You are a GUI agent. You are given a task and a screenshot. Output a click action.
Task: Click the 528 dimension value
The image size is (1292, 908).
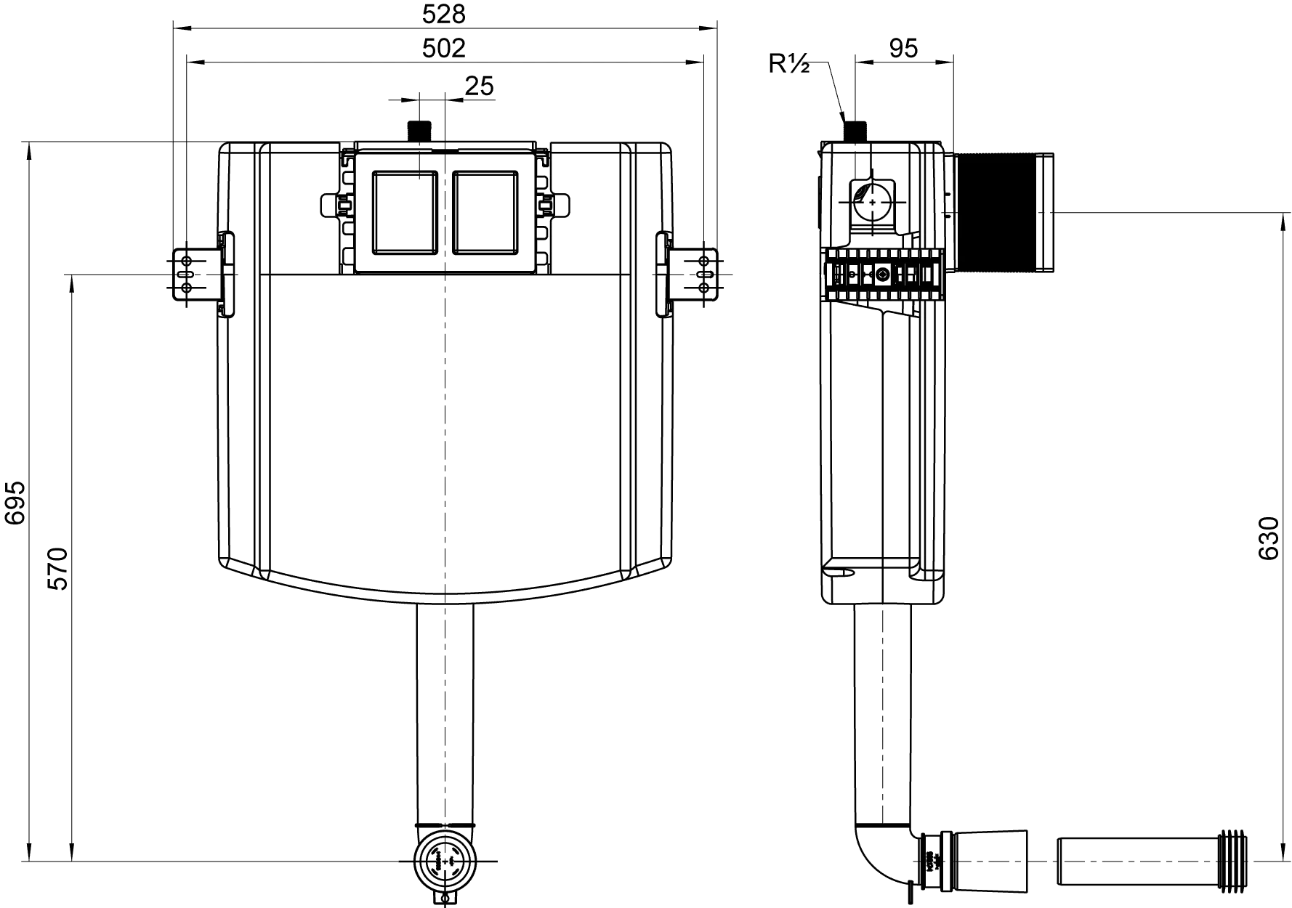(x=443, y=13)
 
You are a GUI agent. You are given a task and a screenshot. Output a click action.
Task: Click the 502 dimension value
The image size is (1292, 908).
(x=443, y=48)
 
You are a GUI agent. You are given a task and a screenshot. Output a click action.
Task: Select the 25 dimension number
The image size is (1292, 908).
(x=480, y=86)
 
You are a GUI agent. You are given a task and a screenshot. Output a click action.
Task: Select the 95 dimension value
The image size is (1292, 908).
(x=903, y=48)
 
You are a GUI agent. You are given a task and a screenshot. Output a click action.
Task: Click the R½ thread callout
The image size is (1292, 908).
(x=789, y=65)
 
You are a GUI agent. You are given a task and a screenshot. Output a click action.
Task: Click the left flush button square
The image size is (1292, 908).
(x=404, y=211)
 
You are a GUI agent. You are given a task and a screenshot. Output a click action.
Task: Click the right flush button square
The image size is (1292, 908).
(x=485, y=211)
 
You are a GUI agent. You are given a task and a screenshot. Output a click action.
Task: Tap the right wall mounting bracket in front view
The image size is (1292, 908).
(x=696, y=275)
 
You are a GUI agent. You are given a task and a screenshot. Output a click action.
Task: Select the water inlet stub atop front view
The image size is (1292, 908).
(x=421, y=131)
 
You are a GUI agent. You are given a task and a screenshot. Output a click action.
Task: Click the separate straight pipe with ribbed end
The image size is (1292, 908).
(x=1152, y=862)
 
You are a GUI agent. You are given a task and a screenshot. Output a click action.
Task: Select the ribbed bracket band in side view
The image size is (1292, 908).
(x=883, y=275)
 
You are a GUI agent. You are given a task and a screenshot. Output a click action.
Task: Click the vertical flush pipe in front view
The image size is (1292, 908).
(x=443, y=712)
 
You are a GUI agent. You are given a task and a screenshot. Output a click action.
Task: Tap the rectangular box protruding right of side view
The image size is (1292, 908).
(x=1003, y=212)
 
